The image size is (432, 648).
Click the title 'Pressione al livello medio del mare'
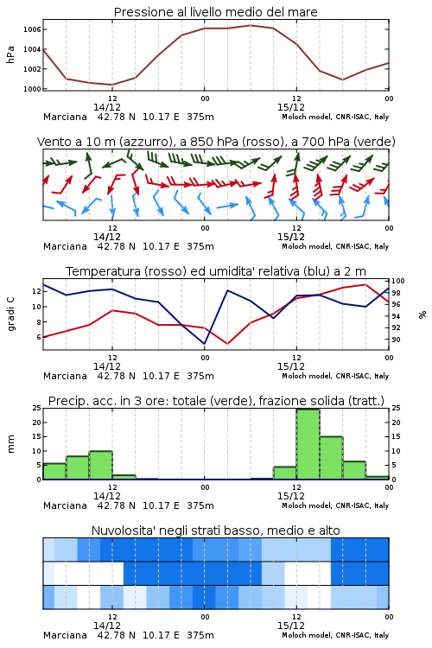215,12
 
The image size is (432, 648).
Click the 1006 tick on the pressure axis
32,29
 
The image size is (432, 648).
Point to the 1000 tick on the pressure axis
32,89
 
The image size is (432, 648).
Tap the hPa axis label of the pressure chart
10,54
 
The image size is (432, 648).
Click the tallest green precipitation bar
308,444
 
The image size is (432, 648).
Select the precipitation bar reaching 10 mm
101,465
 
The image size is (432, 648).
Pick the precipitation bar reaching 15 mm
331,458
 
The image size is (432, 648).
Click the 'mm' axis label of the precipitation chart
10,444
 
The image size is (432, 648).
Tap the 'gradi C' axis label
10,314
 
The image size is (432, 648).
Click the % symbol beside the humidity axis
422,314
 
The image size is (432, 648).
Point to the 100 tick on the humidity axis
398,281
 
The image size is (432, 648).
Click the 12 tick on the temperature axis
37,291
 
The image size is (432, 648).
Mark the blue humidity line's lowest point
204,344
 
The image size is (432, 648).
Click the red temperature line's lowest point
227,344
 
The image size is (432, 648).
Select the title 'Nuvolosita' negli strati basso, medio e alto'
215,530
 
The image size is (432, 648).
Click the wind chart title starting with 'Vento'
216,142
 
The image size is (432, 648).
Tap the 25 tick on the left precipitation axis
37,409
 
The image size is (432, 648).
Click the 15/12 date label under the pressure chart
290,107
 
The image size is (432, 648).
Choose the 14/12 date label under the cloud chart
106,626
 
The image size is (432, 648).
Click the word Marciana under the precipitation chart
65,505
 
